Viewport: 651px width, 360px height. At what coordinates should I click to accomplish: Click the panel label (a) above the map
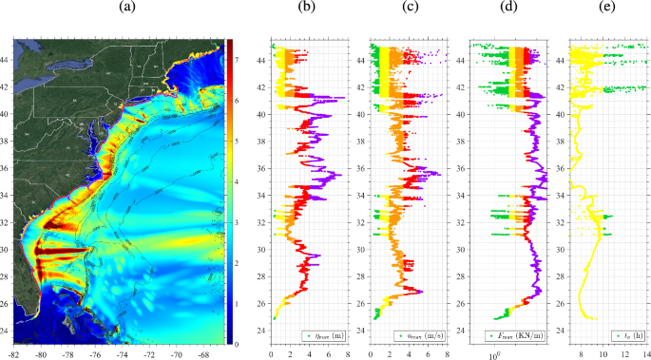click(x=126, y=8)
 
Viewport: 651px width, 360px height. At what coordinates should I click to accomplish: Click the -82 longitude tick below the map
click(x=14, y=353)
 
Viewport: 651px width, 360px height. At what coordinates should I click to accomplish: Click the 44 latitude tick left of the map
click(x=7, y=59)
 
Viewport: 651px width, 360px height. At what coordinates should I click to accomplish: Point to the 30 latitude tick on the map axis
click(x=7, y=250)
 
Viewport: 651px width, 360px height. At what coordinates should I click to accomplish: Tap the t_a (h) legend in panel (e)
click(x=617, y=334)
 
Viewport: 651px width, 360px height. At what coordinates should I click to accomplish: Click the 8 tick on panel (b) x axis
click(x=348, y=353)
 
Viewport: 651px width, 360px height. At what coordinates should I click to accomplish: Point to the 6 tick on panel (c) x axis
click(x=426, y=353)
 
